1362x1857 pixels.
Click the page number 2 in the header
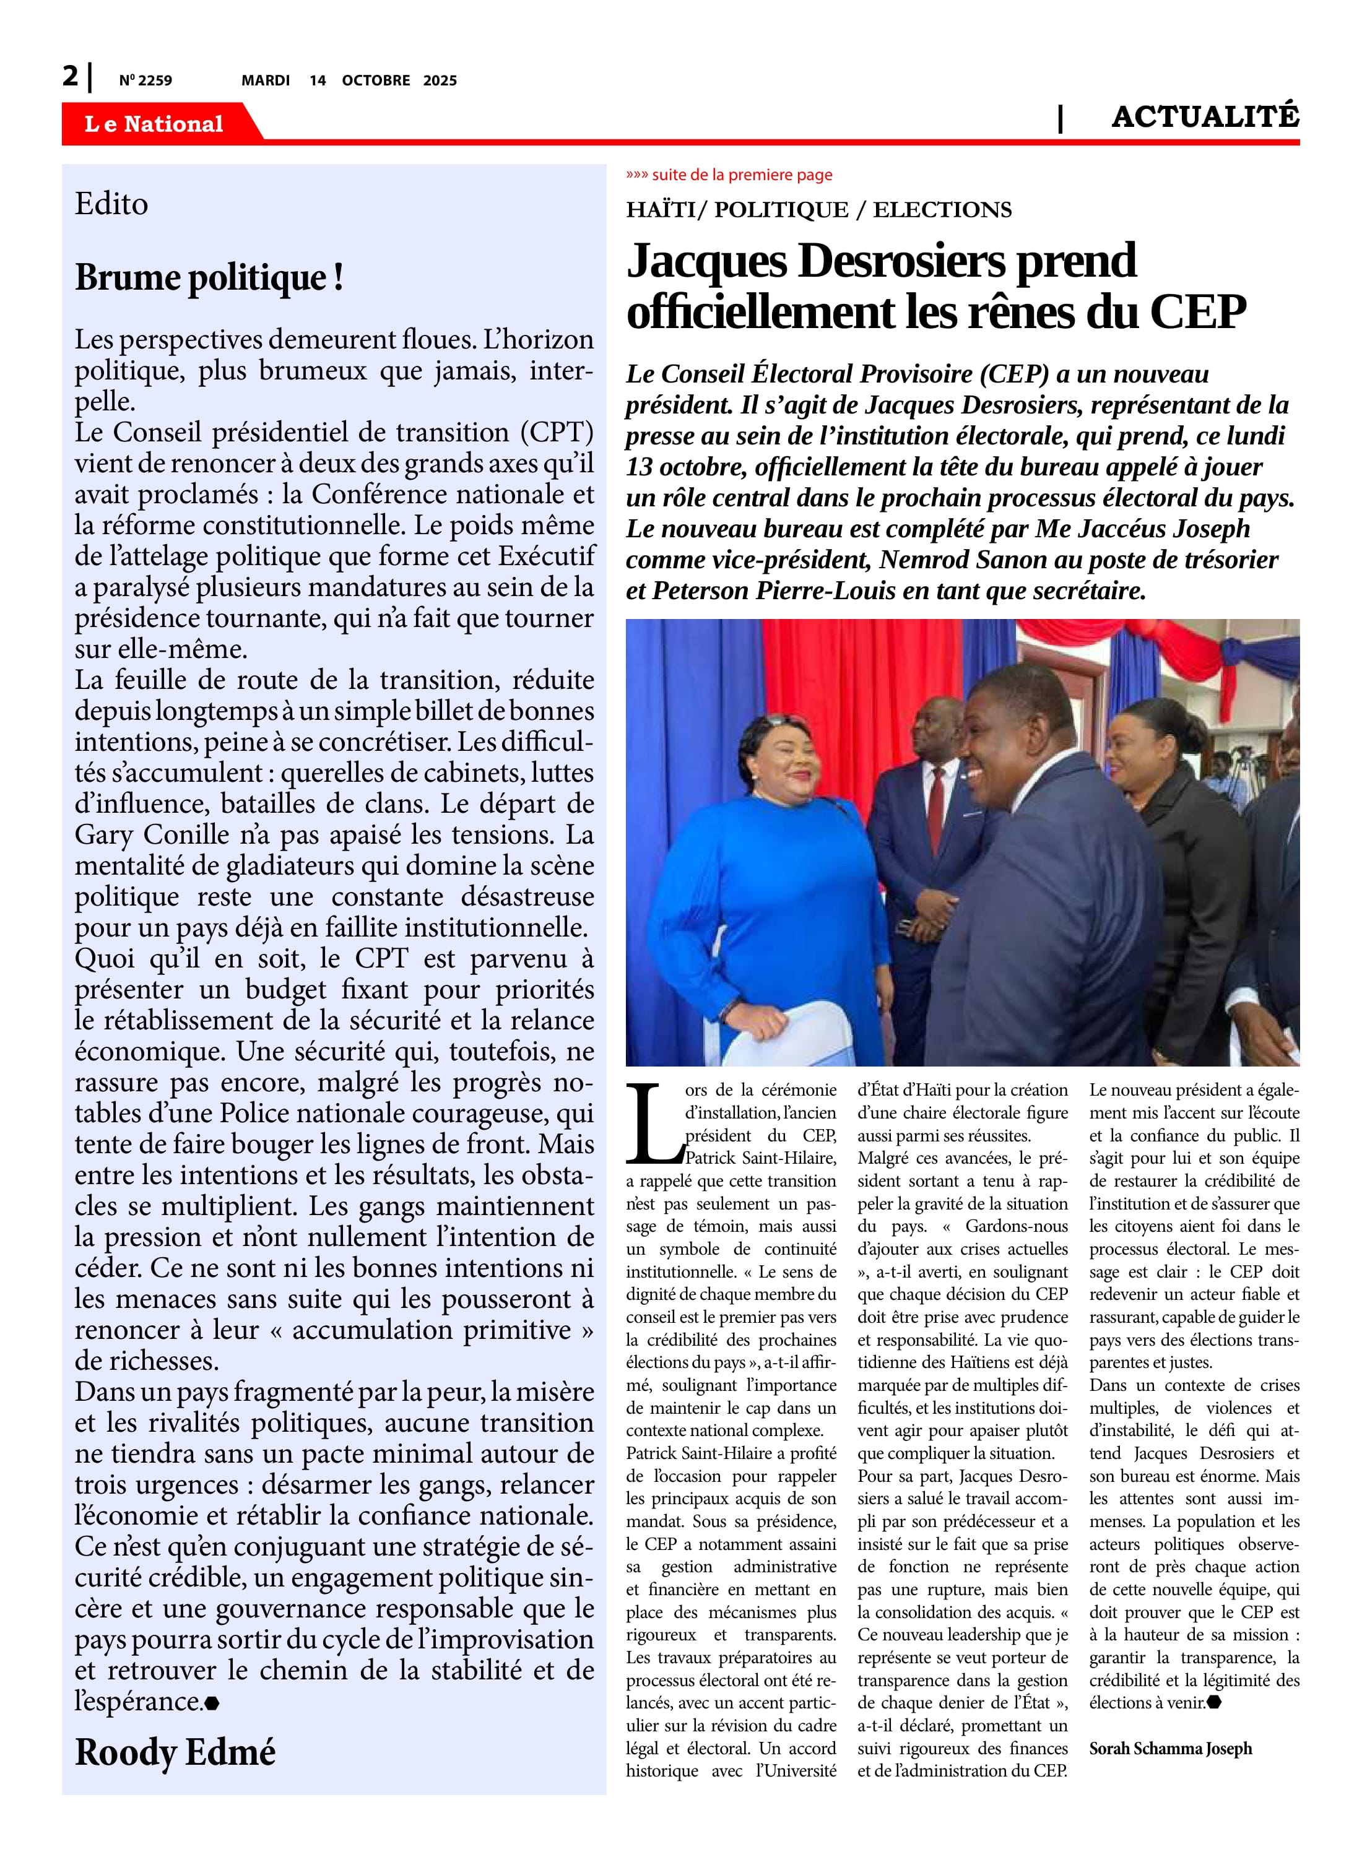click(x=70, y=76)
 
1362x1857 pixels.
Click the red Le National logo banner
click(x=154, y=124)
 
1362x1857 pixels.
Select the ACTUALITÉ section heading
click(x=1205, y=116)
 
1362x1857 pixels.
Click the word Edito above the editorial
click(x=111, y=204)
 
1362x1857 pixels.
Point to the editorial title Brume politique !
click(x=209, y=277)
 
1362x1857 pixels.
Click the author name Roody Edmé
click(x=175, y=1752)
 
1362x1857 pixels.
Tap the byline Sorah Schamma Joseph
click(x=1170, y=1748)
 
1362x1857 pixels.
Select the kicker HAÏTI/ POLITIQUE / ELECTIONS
click(x=818, y=209)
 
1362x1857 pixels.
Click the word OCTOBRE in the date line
click(x=375, y=80)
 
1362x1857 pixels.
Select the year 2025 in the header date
click(x=440, y=80)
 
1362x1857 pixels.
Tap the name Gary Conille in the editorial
click(x=152, y=834)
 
